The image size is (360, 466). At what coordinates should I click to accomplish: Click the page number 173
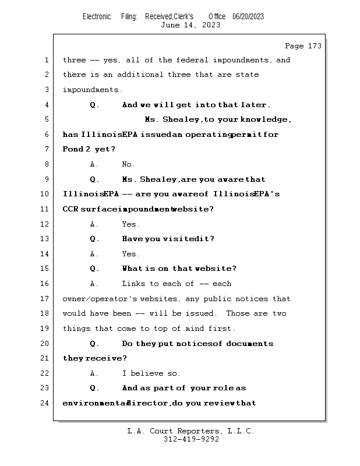[x=312, y=46]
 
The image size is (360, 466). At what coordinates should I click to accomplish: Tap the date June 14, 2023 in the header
[x=190, y=25]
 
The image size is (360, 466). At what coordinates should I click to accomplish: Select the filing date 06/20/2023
[x=248, y=16]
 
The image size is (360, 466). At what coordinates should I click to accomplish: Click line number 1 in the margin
[x=46, y=60]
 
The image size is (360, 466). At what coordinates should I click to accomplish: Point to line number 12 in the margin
[x=44, y=224]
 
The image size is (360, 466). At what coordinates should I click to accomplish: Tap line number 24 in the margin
[x=44, y=403]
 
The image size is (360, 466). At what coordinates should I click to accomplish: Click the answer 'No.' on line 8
[x=128, y=164]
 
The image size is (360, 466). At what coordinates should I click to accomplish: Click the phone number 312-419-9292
[x=191, y=440]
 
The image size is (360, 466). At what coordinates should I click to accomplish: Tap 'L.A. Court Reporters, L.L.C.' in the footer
[x=191, y=432]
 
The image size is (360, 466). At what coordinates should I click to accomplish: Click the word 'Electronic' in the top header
[x=97, y=16]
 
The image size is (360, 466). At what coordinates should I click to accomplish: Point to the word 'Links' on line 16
[x=133, y=284]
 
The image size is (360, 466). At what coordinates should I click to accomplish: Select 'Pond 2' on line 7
[x=76, y=150]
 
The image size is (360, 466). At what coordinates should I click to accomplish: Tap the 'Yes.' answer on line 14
[x=130, y=254]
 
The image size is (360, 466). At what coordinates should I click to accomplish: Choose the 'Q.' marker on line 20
[x=95, y=344]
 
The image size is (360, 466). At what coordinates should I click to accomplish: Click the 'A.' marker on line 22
[x=94, y=373]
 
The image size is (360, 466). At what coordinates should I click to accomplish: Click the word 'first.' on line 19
[x=222, y=329]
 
